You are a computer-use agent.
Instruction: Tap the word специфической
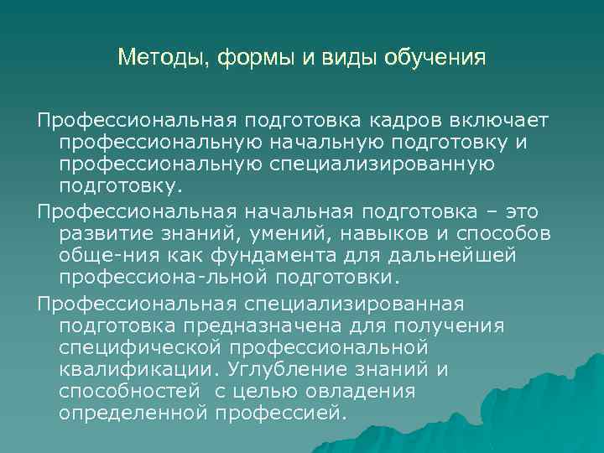138,346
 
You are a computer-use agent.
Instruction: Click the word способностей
128,390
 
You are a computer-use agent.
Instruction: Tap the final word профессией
279,412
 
